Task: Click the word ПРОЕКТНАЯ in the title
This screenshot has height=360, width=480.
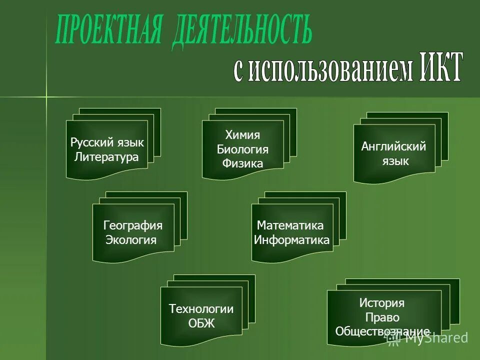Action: coord(109,31)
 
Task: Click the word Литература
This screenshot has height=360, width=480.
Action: coord(106,157)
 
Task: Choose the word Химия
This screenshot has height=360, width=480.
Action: coord(242,135)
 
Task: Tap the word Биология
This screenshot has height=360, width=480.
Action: coord(242,149)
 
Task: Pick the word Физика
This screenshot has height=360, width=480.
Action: coord(242,163)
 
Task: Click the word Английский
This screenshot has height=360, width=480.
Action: coord(393,146)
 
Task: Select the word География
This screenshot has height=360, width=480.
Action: coord(133,225)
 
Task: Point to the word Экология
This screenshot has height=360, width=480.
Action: coord(131,239)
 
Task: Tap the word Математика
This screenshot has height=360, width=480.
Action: coord(290,225)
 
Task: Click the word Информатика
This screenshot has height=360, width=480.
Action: coord(291,239)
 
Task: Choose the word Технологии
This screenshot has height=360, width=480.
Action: coord(201,308)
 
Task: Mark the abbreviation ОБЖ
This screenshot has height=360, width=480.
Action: coord(201,323)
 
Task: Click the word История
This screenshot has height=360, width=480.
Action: coord(382,302)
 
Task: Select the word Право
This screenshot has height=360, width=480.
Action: coord(382,317)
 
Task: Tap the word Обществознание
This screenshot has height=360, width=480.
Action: coord(382,331)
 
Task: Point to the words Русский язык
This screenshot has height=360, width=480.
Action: coord(107,143)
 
